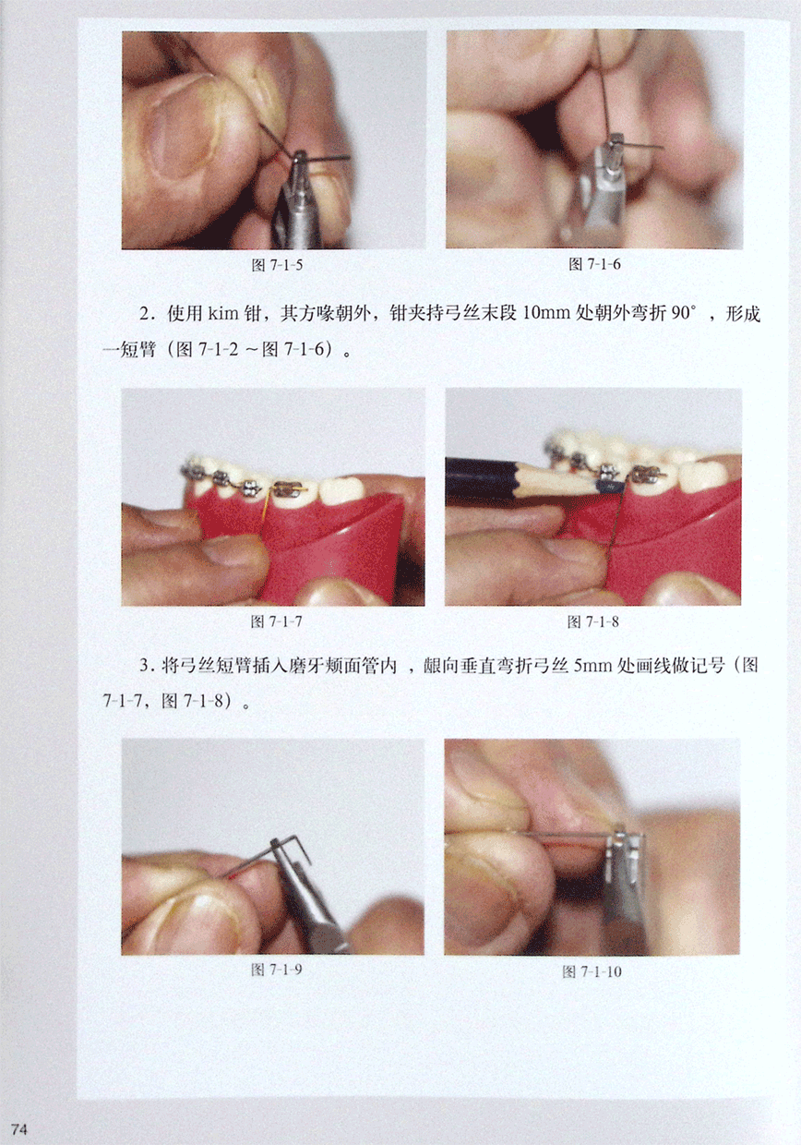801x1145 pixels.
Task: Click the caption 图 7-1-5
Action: [x=277, y=265]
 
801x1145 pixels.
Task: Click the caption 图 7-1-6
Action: [x=594, y=264]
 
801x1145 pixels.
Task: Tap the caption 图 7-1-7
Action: [x=276, y=621]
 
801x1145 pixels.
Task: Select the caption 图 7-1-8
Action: [x=593, y=621]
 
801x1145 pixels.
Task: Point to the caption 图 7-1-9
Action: [x=276, y=970]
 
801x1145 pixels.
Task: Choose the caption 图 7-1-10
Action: [x=592, y=971]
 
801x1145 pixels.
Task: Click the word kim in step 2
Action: [x=223, y=313]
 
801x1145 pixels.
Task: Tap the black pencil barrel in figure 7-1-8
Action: [x=481, y=476]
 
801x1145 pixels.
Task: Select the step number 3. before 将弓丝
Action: [x=147, y=666]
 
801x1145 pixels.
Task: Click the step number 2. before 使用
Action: [x=147, y=313]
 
